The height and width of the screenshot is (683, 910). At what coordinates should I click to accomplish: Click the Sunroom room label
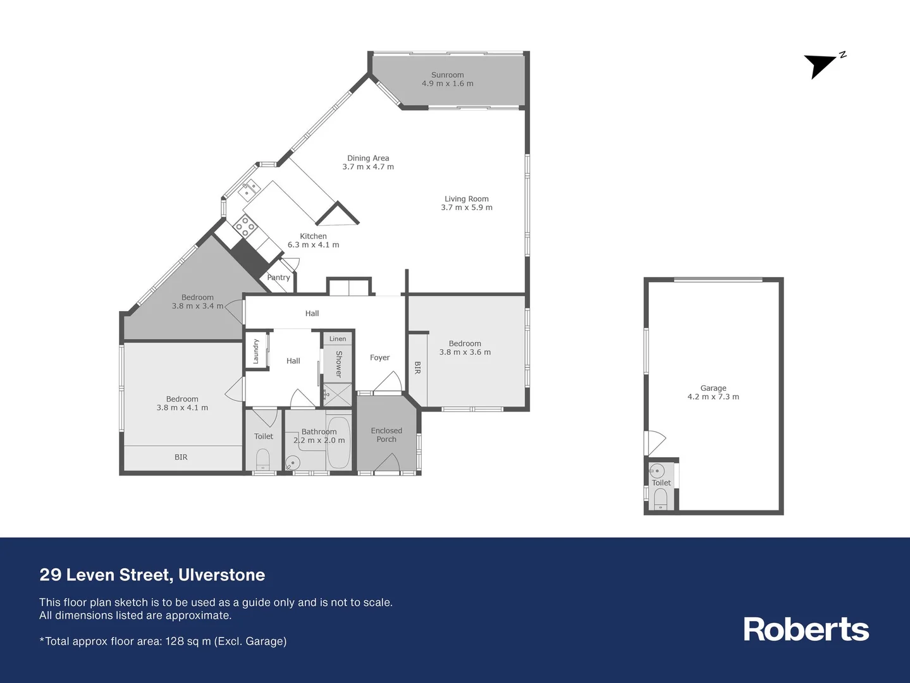(x=447, y=75)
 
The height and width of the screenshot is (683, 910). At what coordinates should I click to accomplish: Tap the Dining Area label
(x=368, y=158)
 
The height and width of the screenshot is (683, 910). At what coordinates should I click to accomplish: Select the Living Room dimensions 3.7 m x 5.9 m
(x=467, y=207)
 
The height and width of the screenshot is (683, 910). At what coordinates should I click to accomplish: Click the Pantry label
(x=278, y=278)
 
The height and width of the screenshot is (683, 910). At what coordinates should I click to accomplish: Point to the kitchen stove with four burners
(x=245, y=225)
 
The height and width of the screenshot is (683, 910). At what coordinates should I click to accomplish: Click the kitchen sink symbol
(x=249, y=188)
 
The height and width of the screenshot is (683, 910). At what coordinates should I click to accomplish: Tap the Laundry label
(x=256, y=351)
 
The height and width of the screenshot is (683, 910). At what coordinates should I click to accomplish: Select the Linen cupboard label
(x=338, y=339)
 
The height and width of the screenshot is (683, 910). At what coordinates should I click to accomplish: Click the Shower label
(x=339, y=364)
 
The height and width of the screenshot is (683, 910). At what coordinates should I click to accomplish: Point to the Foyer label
(x=379, y=357)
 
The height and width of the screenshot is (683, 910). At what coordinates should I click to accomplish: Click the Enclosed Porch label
(x=386, y=435)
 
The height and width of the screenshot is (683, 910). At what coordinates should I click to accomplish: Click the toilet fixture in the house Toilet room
(x=263, y=458)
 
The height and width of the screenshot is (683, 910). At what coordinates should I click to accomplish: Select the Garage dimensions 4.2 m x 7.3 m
(x=713, y=397)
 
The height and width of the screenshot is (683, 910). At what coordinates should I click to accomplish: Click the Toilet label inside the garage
(x=661, y=483)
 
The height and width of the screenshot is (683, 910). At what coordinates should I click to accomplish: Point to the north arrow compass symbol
(x=821, y=65)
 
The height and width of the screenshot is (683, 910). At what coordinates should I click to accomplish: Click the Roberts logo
(x=806, y=629)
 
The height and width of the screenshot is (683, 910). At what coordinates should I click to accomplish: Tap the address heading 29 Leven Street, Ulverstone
(x=152, y=575)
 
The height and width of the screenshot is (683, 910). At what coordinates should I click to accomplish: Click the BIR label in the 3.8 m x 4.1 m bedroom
(x=181, y=457)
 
